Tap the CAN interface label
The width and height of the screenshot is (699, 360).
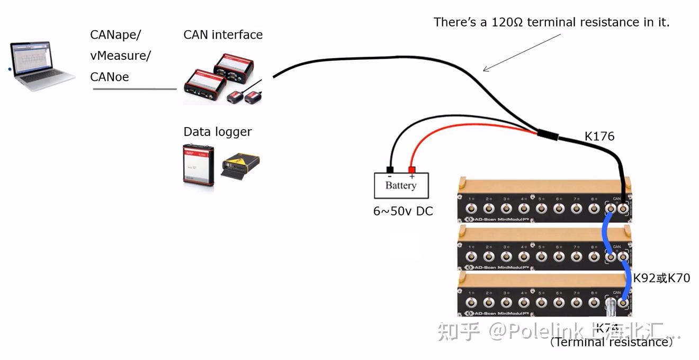223,35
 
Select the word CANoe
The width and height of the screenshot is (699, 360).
110,77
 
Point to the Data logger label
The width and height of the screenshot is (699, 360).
218,132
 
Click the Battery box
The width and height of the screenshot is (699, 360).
401,186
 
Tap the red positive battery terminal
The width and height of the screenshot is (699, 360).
411,170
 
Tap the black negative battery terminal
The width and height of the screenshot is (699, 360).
390,170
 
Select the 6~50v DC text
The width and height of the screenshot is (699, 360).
403,211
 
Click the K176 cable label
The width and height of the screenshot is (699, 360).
599,137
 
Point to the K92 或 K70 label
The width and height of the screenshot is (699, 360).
661,278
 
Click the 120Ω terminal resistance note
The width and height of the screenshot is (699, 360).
551,22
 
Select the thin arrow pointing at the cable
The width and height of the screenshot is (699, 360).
522,52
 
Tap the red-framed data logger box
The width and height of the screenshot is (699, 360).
199,164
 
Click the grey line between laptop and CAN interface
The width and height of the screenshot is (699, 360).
135,89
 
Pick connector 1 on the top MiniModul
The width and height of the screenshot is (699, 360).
471,209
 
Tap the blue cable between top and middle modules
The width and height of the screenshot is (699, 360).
605,233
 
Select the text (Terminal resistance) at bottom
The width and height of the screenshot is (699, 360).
612,342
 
